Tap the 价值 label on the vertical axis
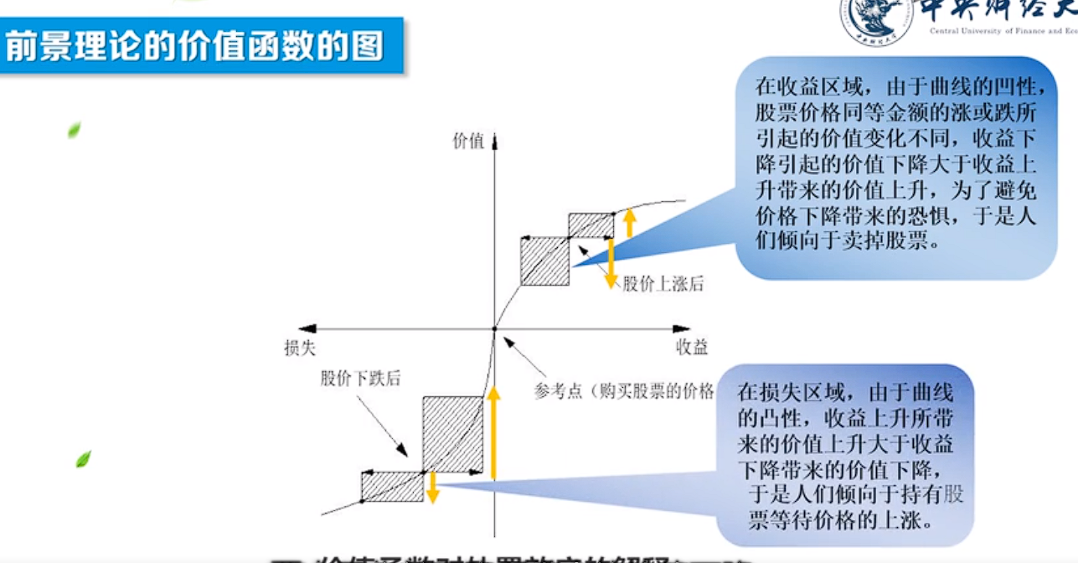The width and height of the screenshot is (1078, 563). point(468,142)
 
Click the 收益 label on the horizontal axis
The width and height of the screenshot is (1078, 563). point(692,348)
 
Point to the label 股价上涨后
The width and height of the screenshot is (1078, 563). point(663,284)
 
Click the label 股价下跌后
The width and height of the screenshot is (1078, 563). point(360,378)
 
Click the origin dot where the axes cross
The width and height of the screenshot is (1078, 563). point(494,328)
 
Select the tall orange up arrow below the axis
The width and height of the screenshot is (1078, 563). point(494,431)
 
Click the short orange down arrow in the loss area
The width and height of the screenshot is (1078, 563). point(432,488)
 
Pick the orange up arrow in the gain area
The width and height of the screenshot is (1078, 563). point(630,221)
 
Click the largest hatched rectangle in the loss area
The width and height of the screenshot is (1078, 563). point(452,434)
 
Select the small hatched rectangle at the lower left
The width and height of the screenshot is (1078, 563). point(392,487)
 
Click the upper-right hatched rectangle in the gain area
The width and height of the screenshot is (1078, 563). point(591,225)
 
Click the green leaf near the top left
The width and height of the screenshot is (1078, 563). point(74,130)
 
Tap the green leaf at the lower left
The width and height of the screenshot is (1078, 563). point(83,458)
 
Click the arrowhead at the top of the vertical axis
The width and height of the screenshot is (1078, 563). point(495,140)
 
